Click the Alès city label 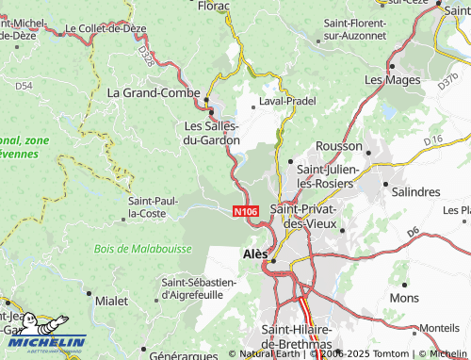pos(255,254)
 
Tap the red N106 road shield pos(245,213)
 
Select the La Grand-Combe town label pos(153,93)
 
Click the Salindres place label pos(414,191)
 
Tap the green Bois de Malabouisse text pos(142,249)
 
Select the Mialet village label pos(112,300)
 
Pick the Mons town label pos(404,298)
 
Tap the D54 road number pos(24,86)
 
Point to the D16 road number pos(433,140)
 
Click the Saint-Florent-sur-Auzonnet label pos(356,27)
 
